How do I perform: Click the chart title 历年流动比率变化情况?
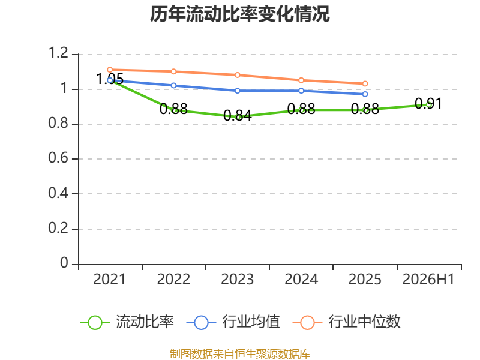[x=239, y=14]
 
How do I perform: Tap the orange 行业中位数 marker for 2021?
[x=110, y=70]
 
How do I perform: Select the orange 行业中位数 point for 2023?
[x=237, y=75]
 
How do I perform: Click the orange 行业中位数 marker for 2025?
[x=365, y=83]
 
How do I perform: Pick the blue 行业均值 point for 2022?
[x=173, y=85]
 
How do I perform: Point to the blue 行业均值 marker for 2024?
[x=301, y=91]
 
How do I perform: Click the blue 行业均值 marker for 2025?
[x=365, y=94]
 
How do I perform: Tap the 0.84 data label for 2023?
[x=237, y=116]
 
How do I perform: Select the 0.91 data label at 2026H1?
[x=428, y=103]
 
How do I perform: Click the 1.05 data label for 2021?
[x=110, y=79]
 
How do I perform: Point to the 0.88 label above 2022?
[x=173, y=109]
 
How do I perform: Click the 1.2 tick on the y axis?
[x=58, y=53]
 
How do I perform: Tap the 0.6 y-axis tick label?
[x=58, y=158]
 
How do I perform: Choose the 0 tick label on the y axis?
[x=64, y=263]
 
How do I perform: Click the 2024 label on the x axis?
[x=301, y=280]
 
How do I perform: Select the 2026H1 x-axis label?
[x=428, y=280]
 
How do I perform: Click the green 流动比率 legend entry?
[x=127, y=322]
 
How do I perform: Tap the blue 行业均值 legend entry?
[x=233, y=322]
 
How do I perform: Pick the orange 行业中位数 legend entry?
[x=347, y=322]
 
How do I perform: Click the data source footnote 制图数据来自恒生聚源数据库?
[x=240, y=354]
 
